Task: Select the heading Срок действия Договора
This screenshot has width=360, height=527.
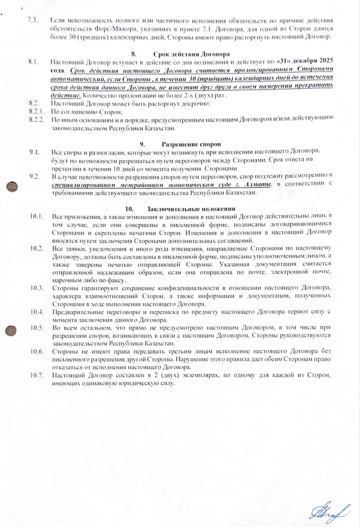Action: (x=191, y=54)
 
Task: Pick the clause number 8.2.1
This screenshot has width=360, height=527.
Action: (x=37, y=111)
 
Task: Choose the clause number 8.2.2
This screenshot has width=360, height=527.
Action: (x=37, y=119)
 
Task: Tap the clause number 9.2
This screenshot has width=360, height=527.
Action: (x=35, y=176)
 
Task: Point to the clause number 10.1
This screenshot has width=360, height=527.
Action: (x=36, y=217)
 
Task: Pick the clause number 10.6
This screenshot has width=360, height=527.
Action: (x=36, y=351)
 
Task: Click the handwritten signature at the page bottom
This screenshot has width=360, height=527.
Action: (x=329, y=511)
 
